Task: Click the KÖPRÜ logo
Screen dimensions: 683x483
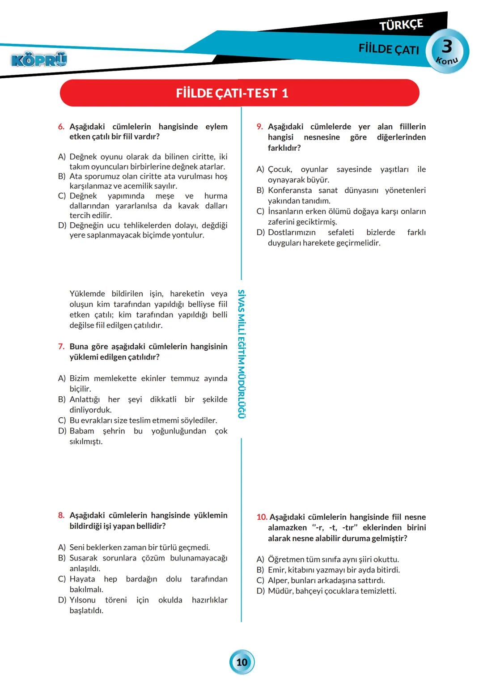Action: (39, 59)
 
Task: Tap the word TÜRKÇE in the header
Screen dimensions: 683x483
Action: (401, 25)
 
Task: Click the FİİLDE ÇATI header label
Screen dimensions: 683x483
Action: (389, 49)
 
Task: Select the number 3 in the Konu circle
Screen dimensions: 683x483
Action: (447, 46)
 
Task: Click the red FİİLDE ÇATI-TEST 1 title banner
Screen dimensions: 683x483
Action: (240, 93)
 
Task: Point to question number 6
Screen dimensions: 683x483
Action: (61, 127)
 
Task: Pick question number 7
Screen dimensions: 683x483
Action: (61, 347)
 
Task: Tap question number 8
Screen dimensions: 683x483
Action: (61, 515)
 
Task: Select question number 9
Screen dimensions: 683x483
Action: (259, 127)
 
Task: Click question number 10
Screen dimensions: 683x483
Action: (262, 517)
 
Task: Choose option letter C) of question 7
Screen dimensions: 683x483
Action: (62, 420)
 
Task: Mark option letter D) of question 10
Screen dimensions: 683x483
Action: (260, 591)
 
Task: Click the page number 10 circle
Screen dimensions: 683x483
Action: (242, 662)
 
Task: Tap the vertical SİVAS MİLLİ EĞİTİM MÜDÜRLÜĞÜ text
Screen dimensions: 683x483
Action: (241, 354)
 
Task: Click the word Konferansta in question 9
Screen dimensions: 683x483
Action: (289, 191)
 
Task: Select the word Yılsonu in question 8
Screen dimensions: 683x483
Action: (82, 600)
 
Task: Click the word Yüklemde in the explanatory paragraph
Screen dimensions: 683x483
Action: (87, 294)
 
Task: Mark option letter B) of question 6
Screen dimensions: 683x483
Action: (62, 176)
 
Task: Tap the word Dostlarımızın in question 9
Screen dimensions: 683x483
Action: (292, 233)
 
